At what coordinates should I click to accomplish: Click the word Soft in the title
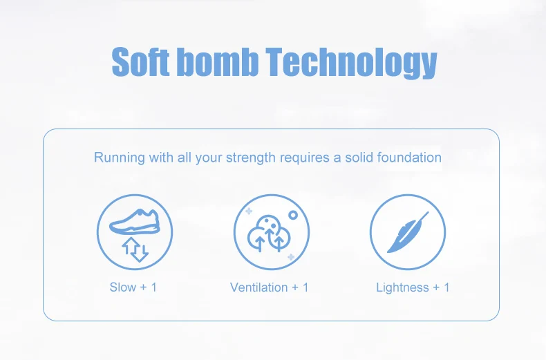pyautogui.click(x=140, y=61)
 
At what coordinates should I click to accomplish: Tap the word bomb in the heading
pyautogui.click(x=218, y=61)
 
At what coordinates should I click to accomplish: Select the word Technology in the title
pyautogui.click(x=351, y=63)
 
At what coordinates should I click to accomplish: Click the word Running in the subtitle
pyautogui.click(x=119, y=158)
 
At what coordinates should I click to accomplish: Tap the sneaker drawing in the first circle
pyautogui.click(x=135, y=221)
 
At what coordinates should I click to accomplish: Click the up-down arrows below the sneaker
pyautogui.click(x=135, y=249)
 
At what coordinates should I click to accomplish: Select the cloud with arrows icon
pyautogui.click(x=268, y=233)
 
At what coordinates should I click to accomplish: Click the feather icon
pyautogui.click(x=408, y=232)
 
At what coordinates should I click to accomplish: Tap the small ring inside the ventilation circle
pyautogui.click(x=293, y=215)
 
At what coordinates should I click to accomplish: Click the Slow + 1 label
pyautogui.click(x=133, y=287)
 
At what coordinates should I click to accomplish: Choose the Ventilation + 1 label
pyautogui.click(x=269, y=287)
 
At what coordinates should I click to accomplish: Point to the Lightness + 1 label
pyautogui.click(x=413, y=287)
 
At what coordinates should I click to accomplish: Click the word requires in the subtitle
pyautogui.click(x=304, y=158)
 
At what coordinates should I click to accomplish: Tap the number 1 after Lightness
pyautogui.click(x=446, y=287)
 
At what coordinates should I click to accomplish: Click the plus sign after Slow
pyautogui.click(x=143, y=287)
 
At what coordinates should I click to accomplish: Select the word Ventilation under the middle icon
pyautogui.click(x=258, y=287)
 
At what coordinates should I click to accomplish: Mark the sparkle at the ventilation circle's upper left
pyautogui.click(x=249, y=211)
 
